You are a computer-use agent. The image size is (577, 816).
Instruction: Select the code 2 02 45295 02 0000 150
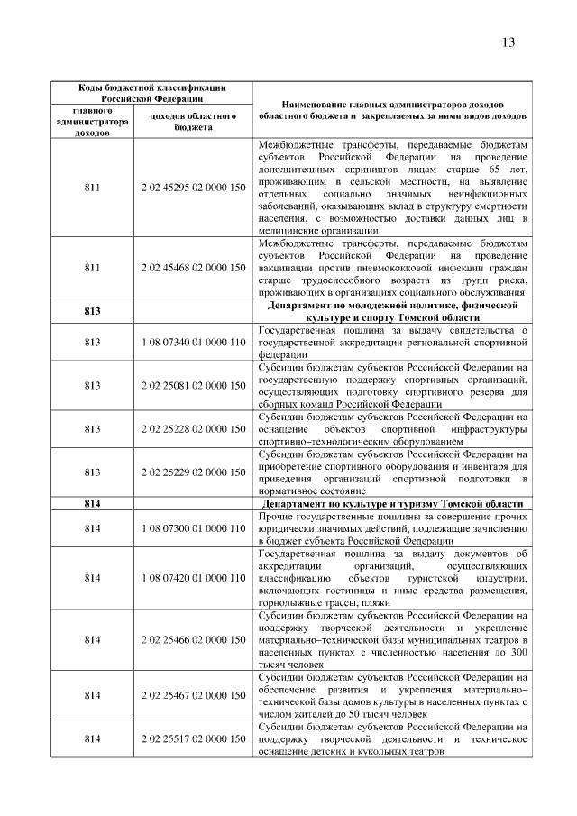(x=193, y=188)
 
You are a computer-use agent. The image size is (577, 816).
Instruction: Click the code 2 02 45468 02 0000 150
(x=193, y=268)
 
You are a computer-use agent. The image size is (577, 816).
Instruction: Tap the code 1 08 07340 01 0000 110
(x=193, y=343)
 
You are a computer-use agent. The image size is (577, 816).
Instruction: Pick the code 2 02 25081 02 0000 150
(x=193, y=386)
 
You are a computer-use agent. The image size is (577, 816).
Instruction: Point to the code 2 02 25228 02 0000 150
(x=193, y=429)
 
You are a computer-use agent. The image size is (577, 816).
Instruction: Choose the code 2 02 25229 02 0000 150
(x=193, y=472)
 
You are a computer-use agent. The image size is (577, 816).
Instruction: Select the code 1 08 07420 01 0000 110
(x=193, y=577)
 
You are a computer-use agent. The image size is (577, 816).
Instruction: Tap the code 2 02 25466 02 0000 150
(x=193, y=639)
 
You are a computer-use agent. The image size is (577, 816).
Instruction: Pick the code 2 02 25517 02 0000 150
(x=193, y=739)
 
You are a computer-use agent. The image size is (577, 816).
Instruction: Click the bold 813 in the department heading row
(x=92, y=312)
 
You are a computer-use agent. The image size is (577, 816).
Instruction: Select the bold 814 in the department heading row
(x=92, y=502)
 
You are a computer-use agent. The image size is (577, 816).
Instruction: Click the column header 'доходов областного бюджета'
(x=193, y=122)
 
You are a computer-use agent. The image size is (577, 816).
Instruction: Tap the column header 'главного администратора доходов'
(x=92, y=122)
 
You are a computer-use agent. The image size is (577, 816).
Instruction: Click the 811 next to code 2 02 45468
(x=92, y=268)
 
